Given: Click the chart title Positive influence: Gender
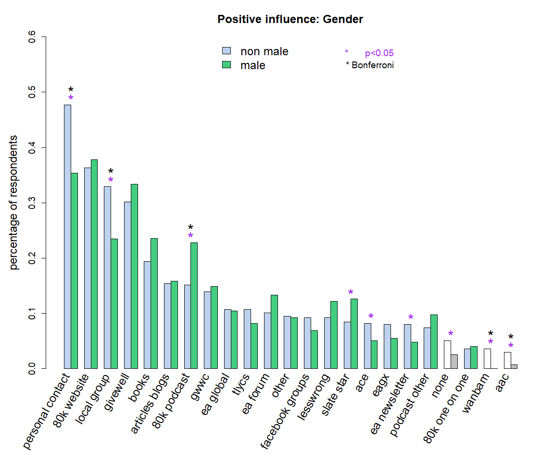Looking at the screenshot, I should tap(290, 20).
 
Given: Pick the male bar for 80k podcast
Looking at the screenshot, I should tap(194, 305).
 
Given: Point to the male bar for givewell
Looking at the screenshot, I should tap(134, 276).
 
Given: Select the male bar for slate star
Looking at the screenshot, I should tap(354, 333).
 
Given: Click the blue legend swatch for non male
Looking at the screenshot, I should tap(227, 51).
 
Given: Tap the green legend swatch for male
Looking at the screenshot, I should tap(227, 65).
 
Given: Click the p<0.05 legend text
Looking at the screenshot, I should tap(379, 53).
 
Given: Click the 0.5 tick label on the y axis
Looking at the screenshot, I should tap(32, 92).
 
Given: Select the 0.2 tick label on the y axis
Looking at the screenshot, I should tap(32, 258).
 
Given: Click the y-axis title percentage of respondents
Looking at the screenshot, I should tap(14, 202).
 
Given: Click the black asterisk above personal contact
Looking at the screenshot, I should tap(71, 90).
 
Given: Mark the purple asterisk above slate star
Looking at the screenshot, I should tap(351, 293).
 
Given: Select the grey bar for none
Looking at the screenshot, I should tap(454, 361).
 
